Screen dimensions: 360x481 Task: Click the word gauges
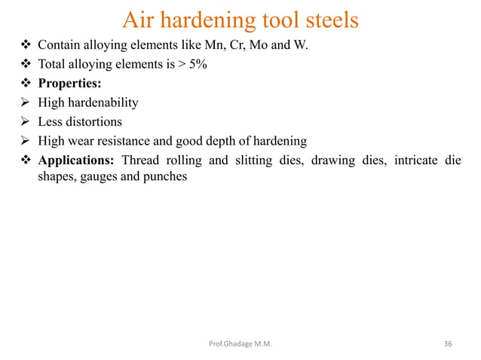(96, 178)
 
